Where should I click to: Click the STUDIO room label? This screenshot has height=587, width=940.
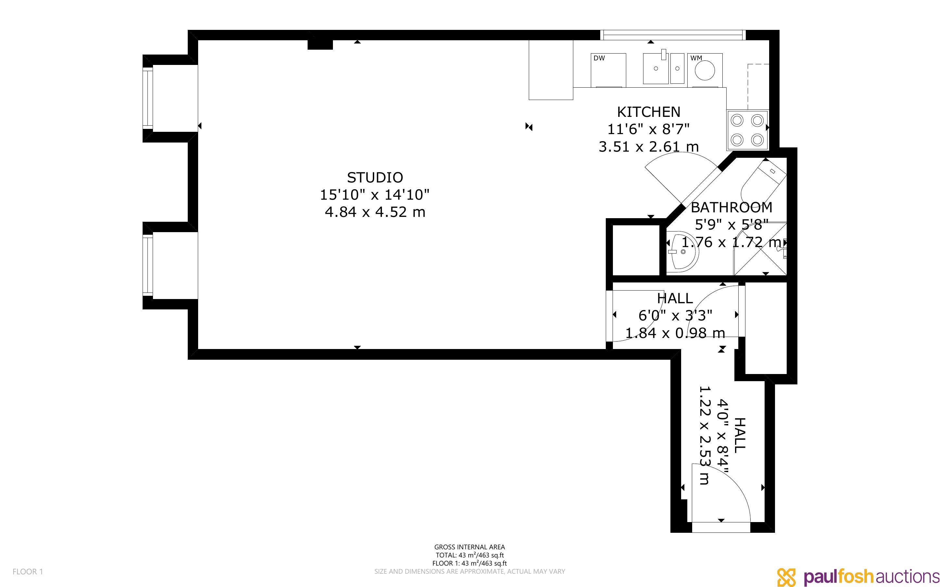click(x=375, y=177)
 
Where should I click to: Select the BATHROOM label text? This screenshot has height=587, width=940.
click(x=731, y=207)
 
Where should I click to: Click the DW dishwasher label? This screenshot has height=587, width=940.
click(x=599, y=58)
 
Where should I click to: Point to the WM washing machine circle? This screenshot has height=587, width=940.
click(x=705, y=71)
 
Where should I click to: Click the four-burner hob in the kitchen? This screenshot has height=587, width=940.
click(x=747, y=130)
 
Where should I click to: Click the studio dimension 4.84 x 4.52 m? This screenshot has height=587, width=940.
click(x=375, y=212)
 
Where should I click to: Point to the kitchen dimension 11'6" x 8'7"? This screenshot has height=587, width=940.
click(x=648, y=129)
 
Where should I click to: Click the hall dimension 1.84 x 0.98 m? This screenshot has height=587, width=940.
click(x=675, y=333)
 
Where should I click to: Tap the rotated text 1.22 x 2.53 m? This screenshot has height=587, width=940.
click(x=704, y=435)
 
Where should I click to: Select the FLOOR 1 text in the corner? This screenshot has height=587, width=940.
click(x=28, y=571)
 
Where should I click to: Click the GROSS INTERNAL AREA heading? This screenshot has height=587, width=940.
click(x=469, y=547)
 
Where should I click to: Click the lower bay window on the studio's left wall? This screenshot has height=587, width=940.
click(x=147, y=266)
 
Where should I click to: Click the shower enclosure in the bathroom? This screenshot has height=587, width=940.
click(x=760, y=248)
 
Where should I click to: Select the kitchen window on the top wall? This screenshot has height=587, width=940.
click(x=673, y=35)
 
